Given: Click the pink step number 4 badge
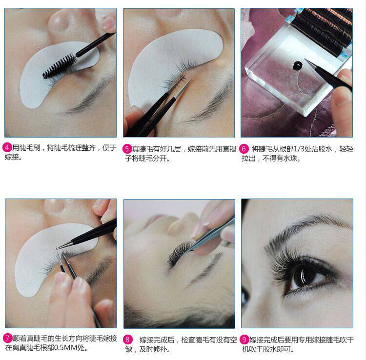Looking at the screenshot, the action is tap(7, 147).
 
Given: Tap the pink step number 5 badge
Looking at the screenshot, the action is tap(127, 149).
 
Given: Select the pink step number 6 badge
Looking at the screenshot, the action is tap(244, 149).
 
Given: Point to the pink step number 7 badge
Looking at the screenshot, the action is tap(7, 338).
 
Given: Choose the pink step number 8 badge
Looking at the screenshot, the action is tap(127, 340).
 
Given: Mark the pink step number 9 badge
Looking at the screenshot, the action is tap(244, 339).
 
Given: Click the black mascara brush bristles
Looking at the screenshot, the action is tap(60, 66).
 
